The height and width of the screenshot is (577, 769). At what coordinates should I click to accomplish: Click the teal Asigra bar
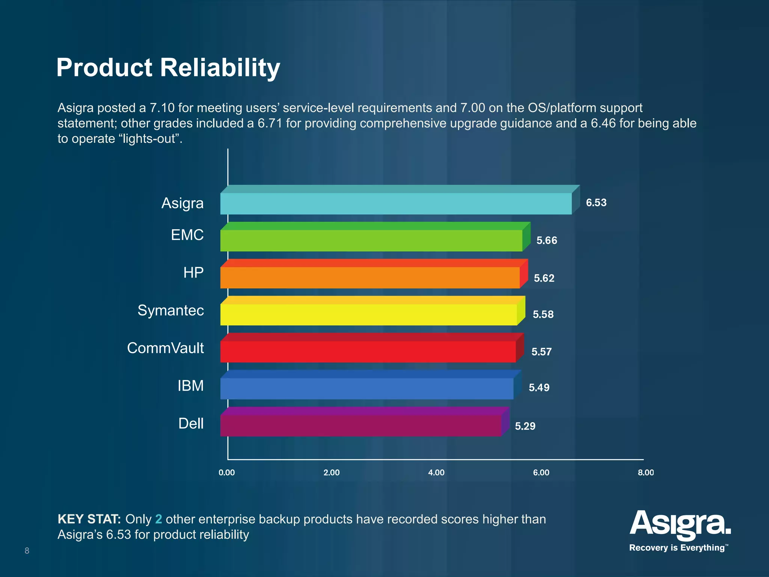396,204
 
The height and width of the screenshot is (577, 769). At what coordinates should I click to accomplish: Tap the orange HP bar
370,278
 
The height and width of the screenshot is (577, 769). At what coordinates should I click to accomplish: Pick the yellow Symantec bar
368,314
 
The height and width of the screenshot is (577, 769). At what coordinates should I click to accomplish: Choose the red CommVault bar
368,352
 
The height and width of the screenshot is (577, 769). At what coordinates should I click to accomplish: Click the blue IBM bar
366,388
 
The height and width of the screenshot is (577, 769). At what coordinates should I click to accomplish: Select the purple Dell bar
360,425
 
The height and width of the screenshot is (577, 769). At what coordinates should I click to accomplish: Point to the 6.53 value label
596,203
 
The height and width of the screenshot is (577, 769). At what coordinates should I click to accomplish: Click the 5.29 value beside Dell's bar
525,426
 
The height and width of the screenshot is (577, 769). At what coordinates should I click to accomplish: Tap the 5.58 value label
543,314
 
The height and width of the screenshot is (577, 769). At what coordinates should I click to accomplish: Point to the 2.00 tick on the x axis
332,473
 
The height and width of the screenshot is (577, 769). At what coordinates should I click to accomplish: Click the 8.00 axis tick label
645,473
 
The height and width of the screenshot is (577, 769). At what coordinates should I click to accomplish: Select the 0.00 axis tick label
227,473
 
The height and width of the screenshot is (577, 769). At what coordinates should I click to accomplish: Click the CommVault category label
165,348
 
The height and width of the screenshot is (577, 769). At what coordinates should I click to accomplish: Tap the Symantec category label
170,311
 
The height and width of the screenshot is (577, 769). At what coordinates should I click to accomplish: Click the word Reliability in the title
220,68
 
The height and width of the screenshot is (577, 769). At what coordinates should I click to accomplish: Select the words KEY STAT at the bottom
89,519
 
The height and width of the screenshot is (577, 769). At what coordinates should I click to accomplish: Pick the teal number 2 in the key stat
158,519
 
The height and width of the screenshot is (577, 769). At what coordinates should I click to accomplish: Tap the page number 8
27,551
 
